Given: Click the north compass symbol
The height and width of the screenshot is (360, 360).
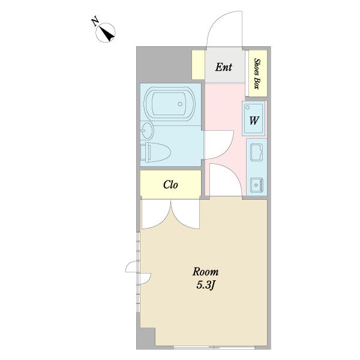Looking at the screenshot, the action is coord(106,33).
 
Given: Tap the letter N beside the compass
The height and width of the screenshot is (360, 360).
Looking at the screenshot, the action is coord(95,22).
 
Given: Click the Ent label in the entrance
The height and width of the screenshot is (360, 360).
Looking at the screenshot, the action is coord(224,67).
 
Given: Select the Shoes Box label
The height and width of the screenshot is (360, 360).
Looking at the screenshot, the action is coord(257,73).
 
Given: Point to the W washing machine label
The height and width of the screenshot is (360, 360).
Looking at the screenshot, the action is coord(254,120).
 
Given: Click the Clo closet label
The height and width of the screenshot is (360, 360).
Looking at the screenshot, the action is coord(170,184).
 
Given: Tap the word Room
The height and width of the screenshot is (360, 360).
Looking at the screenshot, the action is coord(205,272).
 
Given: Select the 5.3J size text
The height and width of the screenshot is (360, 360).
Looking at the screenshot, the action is coord(206,286).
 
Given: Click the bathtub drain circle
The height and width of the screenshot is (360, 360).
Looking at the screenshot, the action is coord(180,104).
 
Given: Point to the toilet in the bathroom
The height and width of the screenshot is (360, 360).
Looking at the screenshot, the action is coord(155,152).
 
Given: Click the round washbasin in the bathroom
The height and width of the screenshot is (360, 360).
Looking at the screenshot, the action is coord(147,131).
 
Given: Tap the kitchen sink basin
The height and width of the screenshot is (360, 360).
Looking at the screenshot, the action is coord(256,152).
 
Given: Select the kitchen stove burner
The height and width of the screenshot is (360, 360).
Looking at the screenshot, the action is coord(257,185).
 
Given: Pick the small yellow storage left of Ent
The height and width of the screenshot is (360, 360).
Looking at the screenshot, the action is coord(199,65).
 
